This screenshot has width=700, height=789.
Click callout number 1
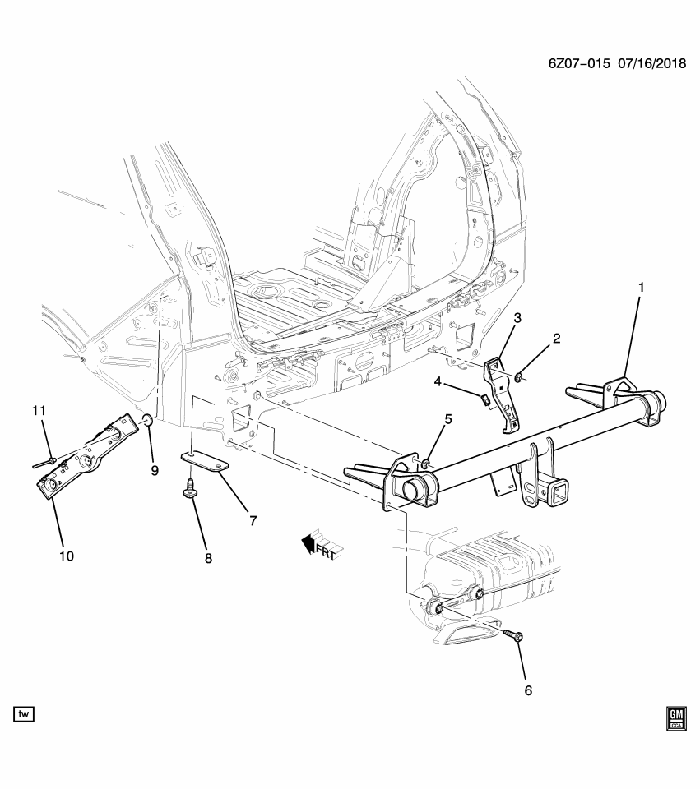coord(641,288)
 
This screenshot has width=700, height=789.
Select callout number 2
coord(556,338)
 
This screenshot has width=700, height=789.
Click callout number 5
coord(448,420)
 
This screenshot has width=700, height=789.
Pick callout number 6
coord(527,690)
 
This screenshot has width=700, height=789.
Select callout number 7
coord(253,520)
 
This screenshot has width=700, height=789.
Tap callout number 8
coord(208,558)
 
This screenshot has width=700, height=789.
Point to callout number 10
coord(66,556)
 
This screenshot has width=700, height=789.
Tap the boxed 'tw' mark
coord(24,714)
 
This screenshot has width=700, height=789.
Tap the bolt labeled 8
coord(191,490)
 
